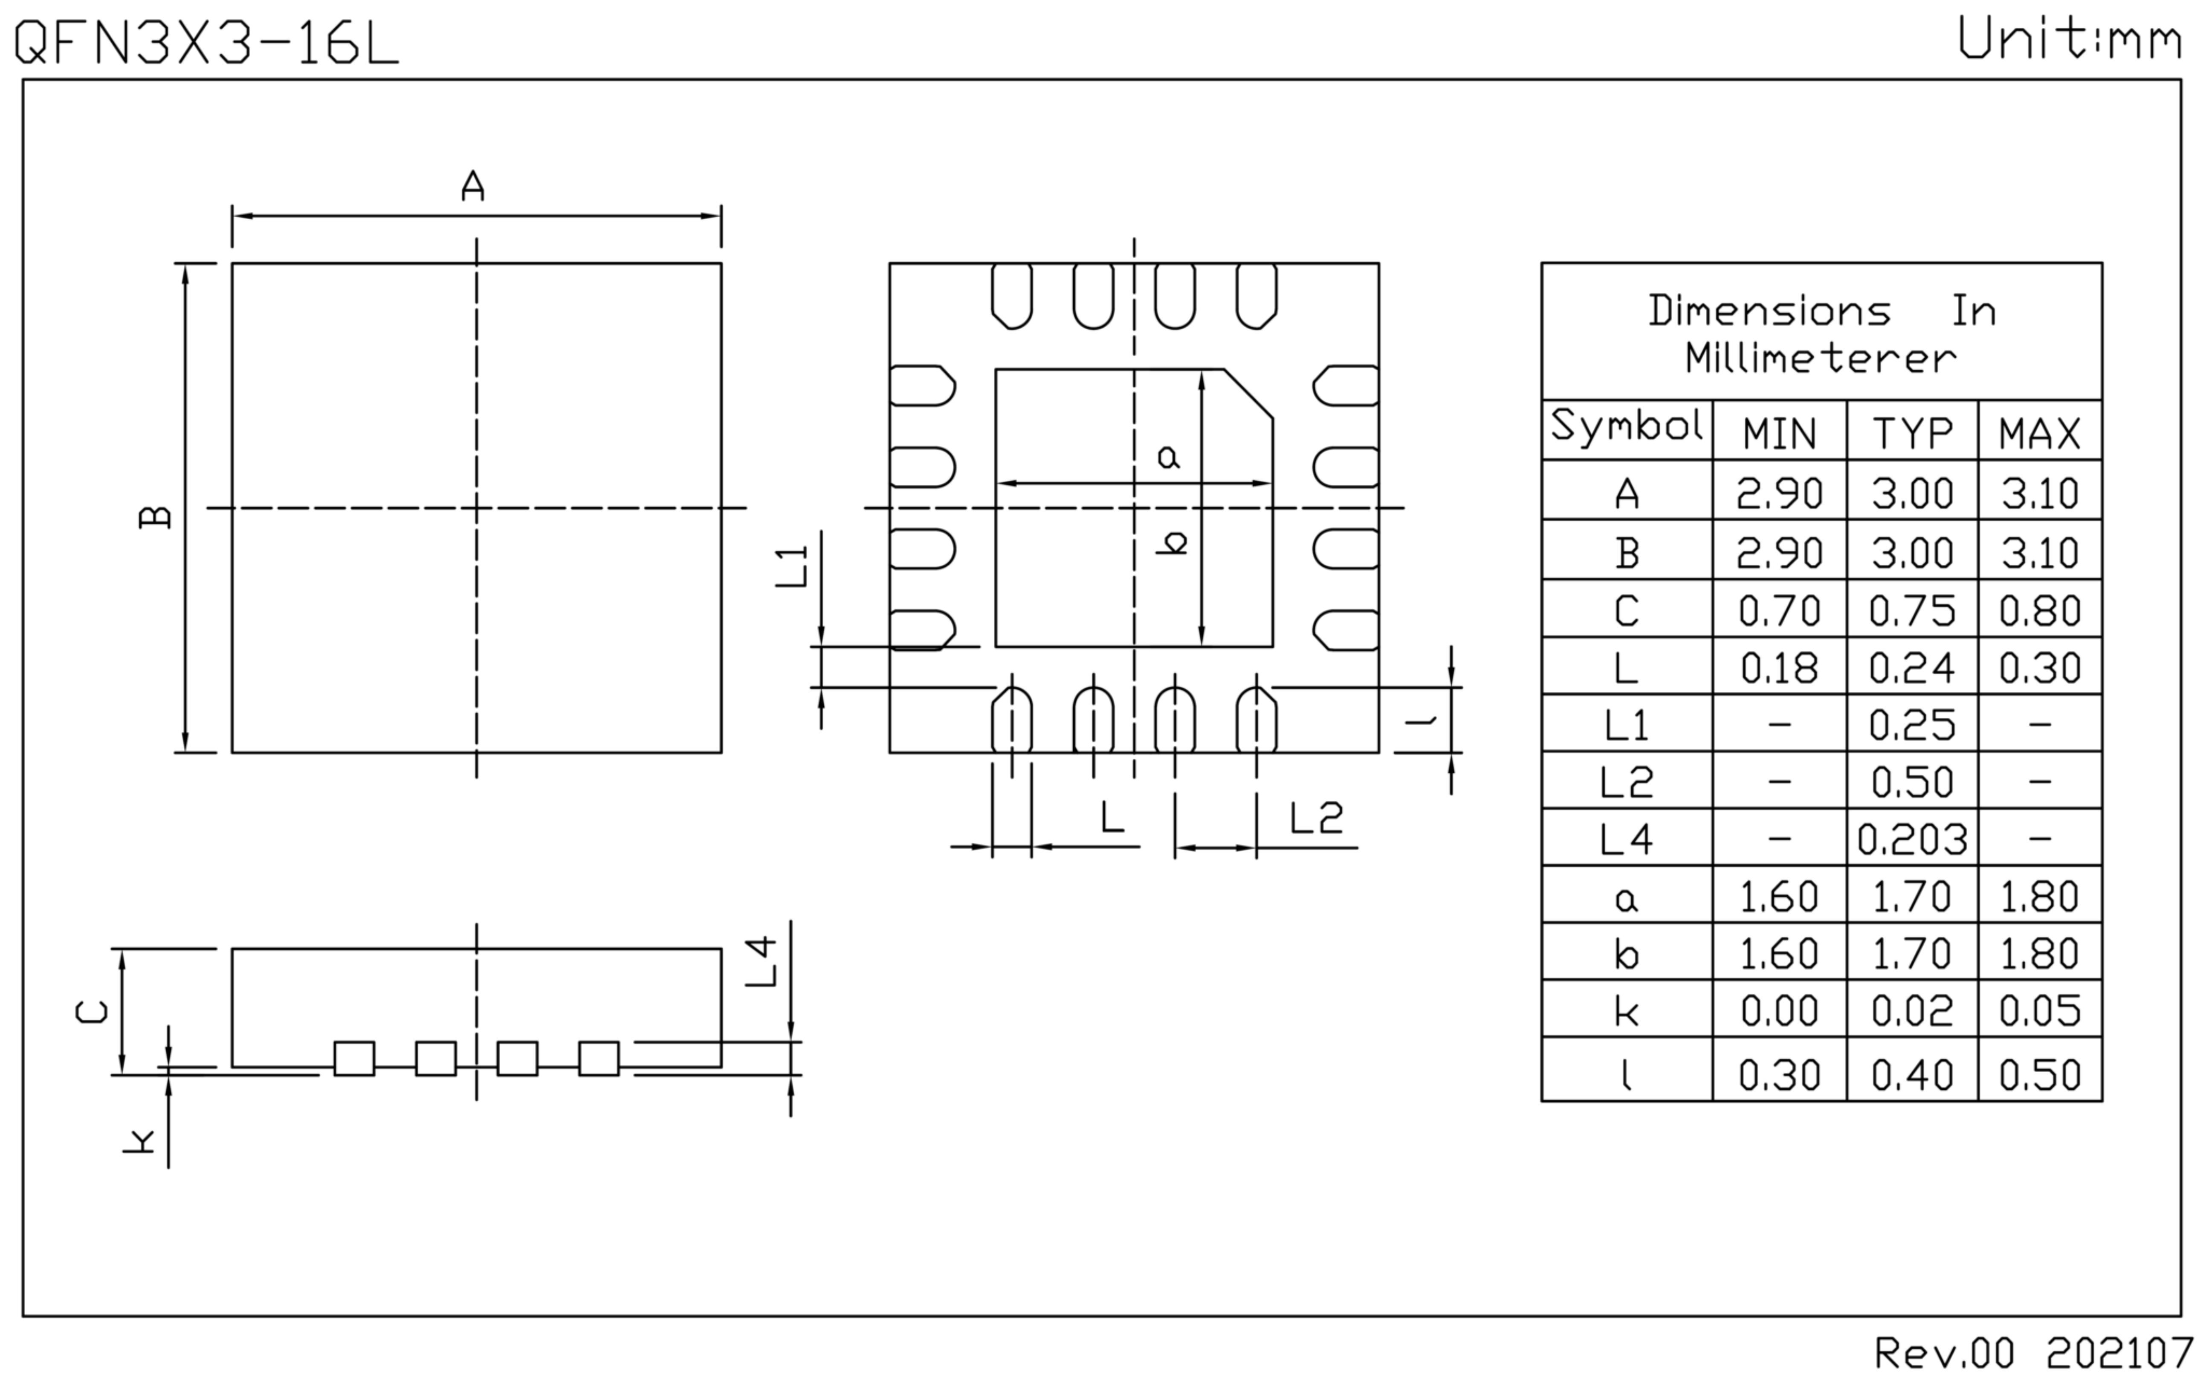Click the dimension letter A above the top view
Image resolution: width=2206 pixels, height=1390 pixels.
pos(473,186)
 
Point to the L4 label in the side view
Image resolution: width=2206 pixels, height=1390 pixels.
pos(762,962)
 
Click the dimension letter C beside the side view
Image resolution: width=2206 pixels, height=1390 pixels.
pos(92,1012)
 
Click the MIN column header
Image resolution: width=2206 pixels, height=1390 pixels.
pos(1779,433)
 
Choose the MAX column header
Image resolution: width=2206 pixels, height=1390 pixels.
pos(2039,433)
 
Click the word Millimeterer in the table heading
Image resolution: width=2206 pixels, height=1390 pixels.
pos(1820,358)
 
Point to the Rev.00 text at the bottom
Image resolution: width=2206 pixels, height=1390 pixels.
pos(1944,1353)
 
